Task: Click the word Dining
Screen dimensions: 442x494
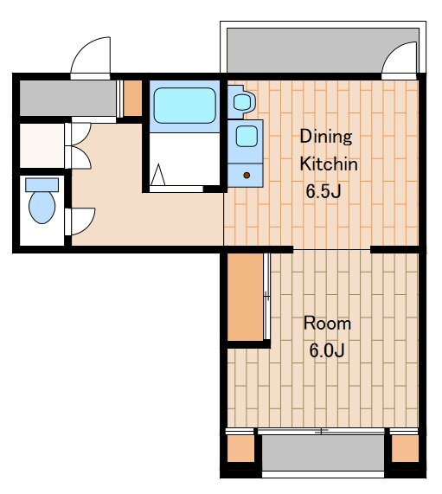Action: coord(326,137)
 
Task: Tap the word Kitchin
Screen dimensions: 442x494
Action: coord(329,164)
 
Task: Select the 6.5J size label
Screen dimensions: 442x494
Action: coord(323,191)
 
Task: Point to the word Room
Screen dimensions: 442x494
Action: coord(327,324)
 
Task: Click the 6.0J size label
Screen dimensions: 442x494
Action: coord(327,350)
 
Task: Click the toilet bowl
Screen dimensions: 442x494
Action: coord(42,208)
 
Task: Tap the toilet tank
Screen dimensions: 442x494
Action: coord(42,185)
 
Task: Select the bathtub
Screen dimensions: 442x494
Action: coord(184,106)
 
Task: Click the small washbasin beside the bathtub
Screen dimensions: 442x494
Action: coord(242,102)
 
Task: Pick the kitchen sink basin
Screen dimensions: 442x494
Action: coord(247,136)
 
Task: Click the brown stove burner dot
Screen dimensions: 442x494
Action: coord(247,175)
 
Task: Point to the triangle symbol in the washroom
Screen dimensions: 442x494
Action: coord(157,175)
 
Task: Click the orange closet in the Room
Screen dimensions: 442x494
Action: coord(245,297)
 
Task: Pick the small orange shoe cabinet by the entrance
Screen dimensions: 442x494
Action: coord(132,99)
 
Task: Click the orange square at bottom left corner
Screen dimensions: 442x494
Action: coord(240,449)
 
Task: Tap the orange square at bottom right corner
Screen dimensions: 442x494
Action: coord(405,449)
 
